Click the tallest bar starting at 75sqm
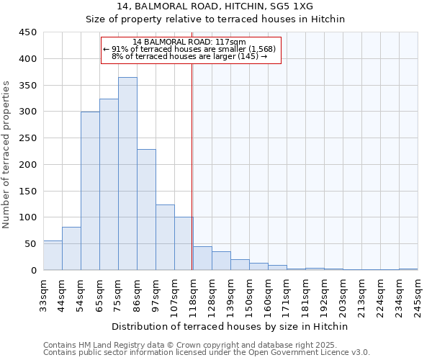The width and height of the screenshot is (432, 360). click(127, 174)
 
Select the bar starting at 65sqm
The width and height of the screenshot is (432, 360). click(109, 184)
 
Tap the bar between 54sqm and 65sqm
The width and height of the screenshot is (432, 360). click(90, 191)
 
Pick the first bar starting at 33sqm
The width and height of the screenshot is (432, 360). click(53, 256)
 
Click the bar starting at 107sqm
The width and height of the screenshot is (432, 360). click(184, 243)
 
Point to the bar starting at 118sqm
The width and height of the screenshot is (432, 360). click(202, 258)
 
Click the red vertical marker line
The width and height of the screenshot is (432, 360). click(192, 166)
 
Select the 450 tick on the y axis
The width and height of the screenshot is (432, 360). click(28, 32)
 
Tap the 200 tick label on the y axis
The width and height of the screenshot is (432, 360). click(28, 165)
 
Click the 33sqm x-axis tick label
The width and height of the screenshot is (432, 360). click(44, 293)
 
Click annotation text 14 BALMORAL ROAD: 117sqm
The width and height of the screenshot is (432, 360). click(190, 42)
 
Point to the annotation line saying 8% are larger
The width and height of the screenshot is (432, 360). click(190, 56)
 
